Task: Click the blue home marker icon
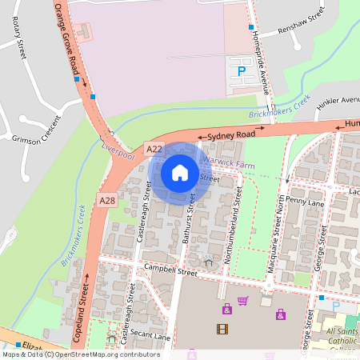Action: [x=180, y=172]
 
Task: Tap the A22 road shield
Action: [x=154, y=149]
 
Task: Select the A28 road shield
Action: [x=107, y=198]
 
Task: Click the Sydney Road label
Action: [x=231, y=137]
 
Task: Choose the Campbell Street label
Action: [x=166, y=272]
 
